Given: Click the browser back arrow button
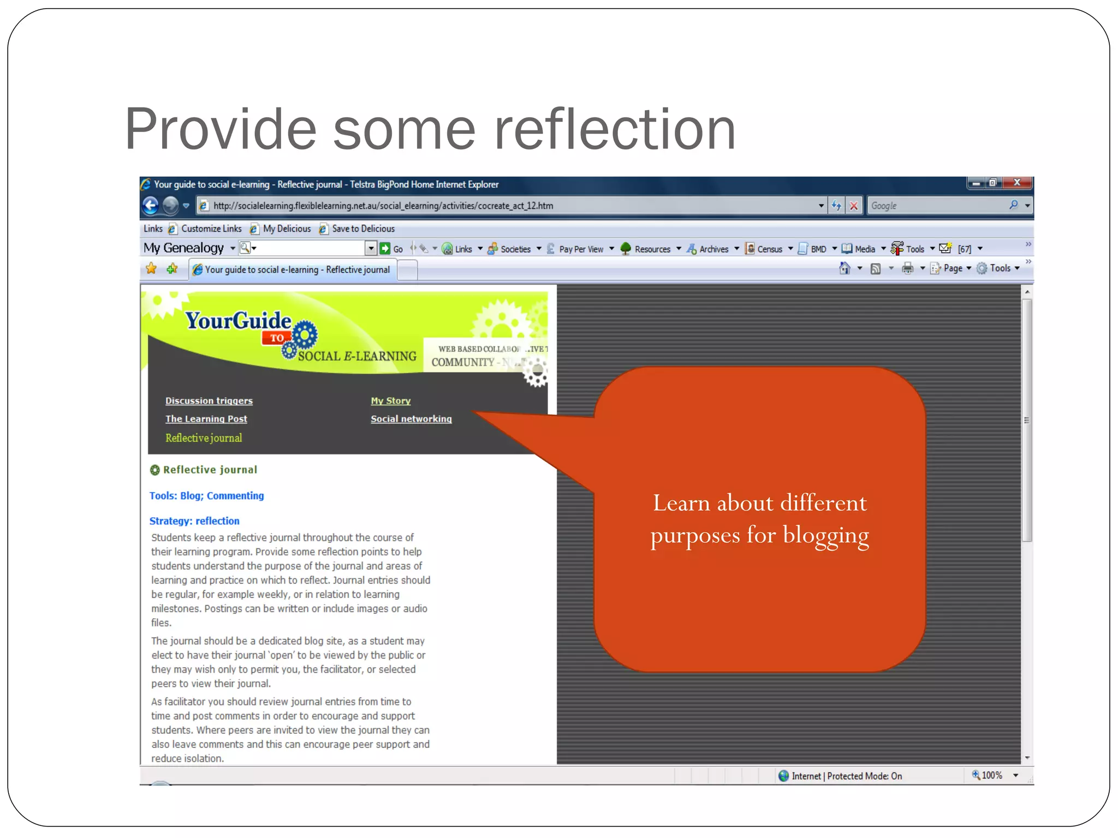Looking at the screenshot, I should pos(151,205).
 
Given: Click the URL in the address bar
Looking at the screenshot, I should pos(383,206).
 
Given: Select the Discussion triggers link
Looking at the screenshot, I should pos(209,401).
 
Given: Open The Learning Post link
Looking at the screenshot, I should pos(206,419).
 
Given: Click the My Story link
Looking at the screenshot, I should pos(391,401).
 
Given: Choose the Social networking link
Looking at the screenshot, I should pos(411,419).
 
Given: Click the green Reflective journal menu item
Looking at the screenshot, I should pos(204,438).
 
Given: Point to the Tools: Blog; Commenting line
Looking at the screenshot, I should pos(207,496).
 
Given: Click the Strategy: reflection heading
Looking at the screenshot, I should pos(194,521).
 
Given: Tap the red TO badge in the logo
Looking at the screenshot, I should pos(277,338).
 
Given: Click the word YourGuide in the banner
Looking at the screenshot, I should pos(238,321).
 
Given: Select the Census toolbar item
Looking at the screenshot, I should pos(769,249).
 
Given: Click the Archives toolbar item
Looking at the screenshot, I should pos(713,249).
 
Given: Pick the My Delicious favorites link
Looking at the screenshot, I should pos(287,229).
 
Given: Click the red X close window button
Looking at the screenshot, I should pos(1017,183).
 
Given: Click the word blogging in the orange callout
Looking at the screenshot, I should pos(826,535).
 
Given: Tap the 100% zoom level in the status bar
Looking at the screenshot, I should pos(991,775).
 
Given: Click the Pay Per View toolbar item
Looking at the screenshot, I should pos(581,249).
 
